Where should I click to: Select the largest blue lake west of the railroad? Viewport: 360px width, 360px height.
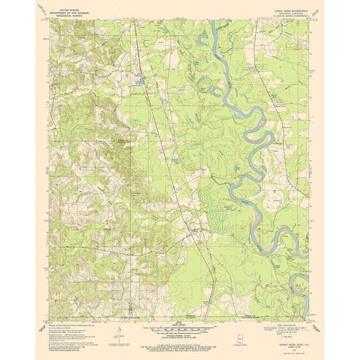click(142, 79)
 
